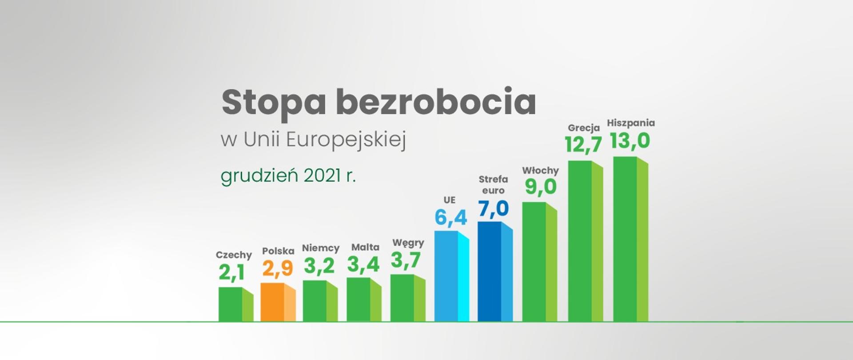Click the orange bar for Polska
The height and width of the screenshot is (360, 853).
click(278, 302)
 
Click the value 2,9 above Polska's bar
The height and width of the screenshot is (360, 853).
click(278, 268)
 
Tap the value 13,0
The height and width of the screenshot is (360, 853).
click(630, 141)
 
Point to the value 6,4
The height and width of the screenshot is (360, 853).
click(450, 218)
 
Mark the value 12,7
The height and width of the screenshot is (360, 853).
click(583, 144)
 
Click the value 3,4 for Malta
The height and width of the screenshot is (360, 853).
click(363, 264)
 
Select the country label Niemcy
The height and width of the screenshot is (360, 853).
click(320, 248)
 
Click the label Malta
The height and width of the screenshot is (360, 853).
click(365, 247)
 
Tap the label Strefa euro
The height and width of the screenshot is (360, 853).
click(493, 184)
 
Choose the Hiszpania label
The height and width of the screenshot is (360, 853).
click(631, 123)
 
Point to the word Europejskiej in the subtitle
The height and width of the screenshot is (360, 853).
click(346, 140)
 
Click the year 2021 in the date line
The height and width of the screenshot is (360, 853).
click(323, 176)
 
